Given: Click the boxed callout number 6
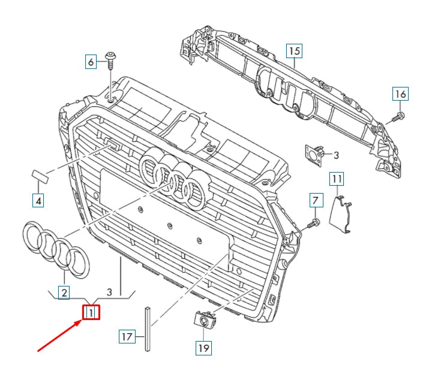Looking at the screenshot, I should click(x=91, y=61).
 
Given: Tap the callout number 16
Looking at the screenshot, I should click(x=400, y=94).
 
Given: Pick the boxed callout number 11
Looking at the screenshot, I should click(x=337, y=178).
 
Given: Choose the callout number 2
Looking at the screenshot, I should click(x=63, y=292).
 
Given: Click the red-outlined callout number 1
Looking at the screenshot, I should click(x=91, y=312).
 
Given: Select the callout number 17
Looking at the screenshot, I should click(x=126, y=337).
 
